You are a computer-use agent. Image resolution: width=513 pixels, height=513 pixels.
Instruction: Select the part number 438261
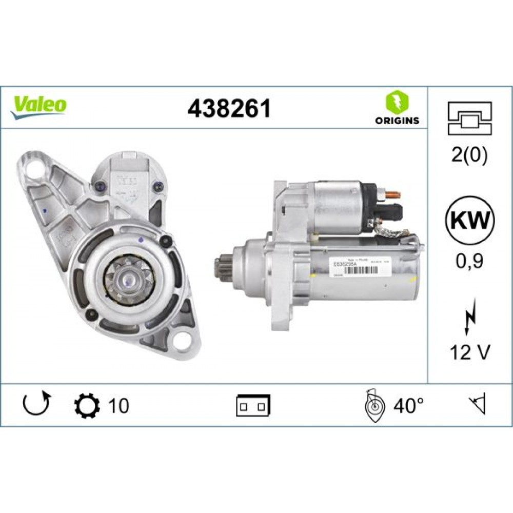tap(229, 108)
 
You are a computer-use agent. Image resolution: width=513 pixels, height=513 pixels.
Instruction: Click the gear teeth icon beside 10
tap(85, 405)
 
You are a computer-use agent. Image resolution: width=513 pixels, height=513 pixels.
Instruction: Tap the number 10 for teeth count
tap(118, 405)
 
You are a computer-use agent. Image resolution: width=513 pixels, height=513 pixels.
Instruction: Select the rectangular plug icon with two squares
tap(253, 405)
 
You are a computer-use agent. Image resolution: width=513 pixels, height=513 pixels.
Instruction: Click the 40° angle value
tap(408, 405)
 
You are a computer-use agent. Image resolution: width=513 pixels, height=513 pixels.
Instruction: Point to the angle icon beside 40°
tap(373, 405)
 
